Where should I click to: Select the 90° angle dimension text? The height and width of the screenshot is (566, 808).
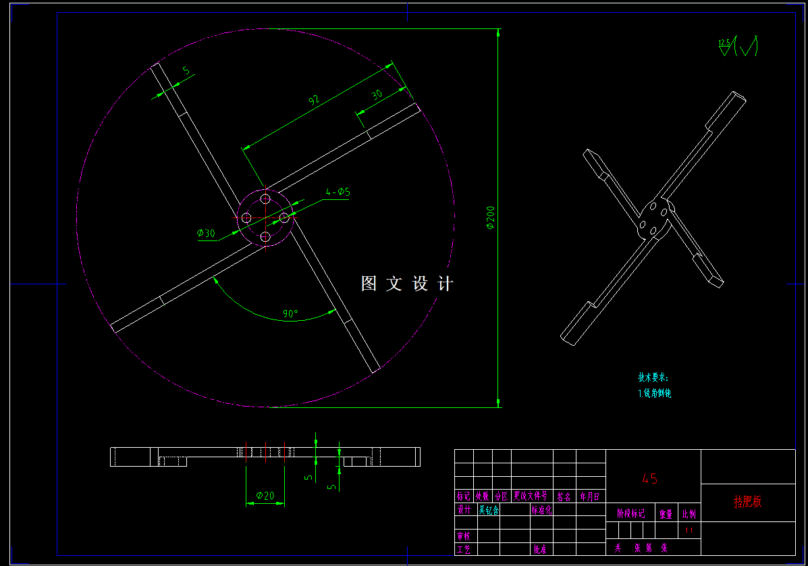click(x=290, y=314)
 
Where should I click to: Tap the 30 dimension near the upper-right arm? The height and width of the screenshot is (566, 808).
click(x=377, y=95)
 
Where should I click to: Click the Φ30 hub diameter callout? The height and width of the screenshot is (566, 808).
click(x=206, y=234)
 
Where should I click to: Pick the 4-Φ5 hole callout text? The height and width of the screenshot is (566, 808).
click(x=338, y=192)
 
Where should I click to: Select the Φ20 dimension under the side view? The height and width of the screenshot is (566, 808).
click(x=265, y=496)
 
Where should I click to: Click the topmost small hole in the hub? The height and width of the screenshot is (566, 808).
click(x=265, y=200)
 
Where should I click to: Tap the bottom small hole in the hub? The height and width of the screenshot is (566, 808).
click(x=265, y=236)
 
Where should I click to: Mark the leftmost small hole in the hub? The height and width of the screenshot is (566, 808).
click(x=246, y=217)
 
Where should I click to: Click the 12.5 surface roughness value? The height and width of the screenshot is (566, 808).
click(x=724, y=43)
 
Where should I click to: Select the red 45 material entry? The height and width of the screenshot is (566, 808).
click(x=649, y=479)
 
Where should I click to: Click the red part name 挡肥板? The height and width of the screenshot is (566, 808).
click(x=748, y=502)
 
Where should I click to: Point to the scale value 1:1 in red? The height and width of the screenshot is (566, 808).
click(x=689, y=531)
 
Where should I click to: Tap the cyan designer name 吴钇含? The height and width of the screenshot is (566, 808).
click(x=489, y=511)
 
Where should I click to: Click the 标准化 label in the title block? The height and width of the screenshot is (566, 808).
click(x=541, y=511)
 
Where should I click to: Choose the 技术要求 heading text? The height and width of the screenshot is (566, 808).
click(x=652, y=378)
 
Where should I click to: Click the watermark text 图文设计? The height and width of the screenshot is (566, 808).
click(x=407, y=284)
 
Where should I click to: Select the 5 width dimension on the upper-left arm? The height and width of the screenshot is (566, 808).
click(x=186, y=70)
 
